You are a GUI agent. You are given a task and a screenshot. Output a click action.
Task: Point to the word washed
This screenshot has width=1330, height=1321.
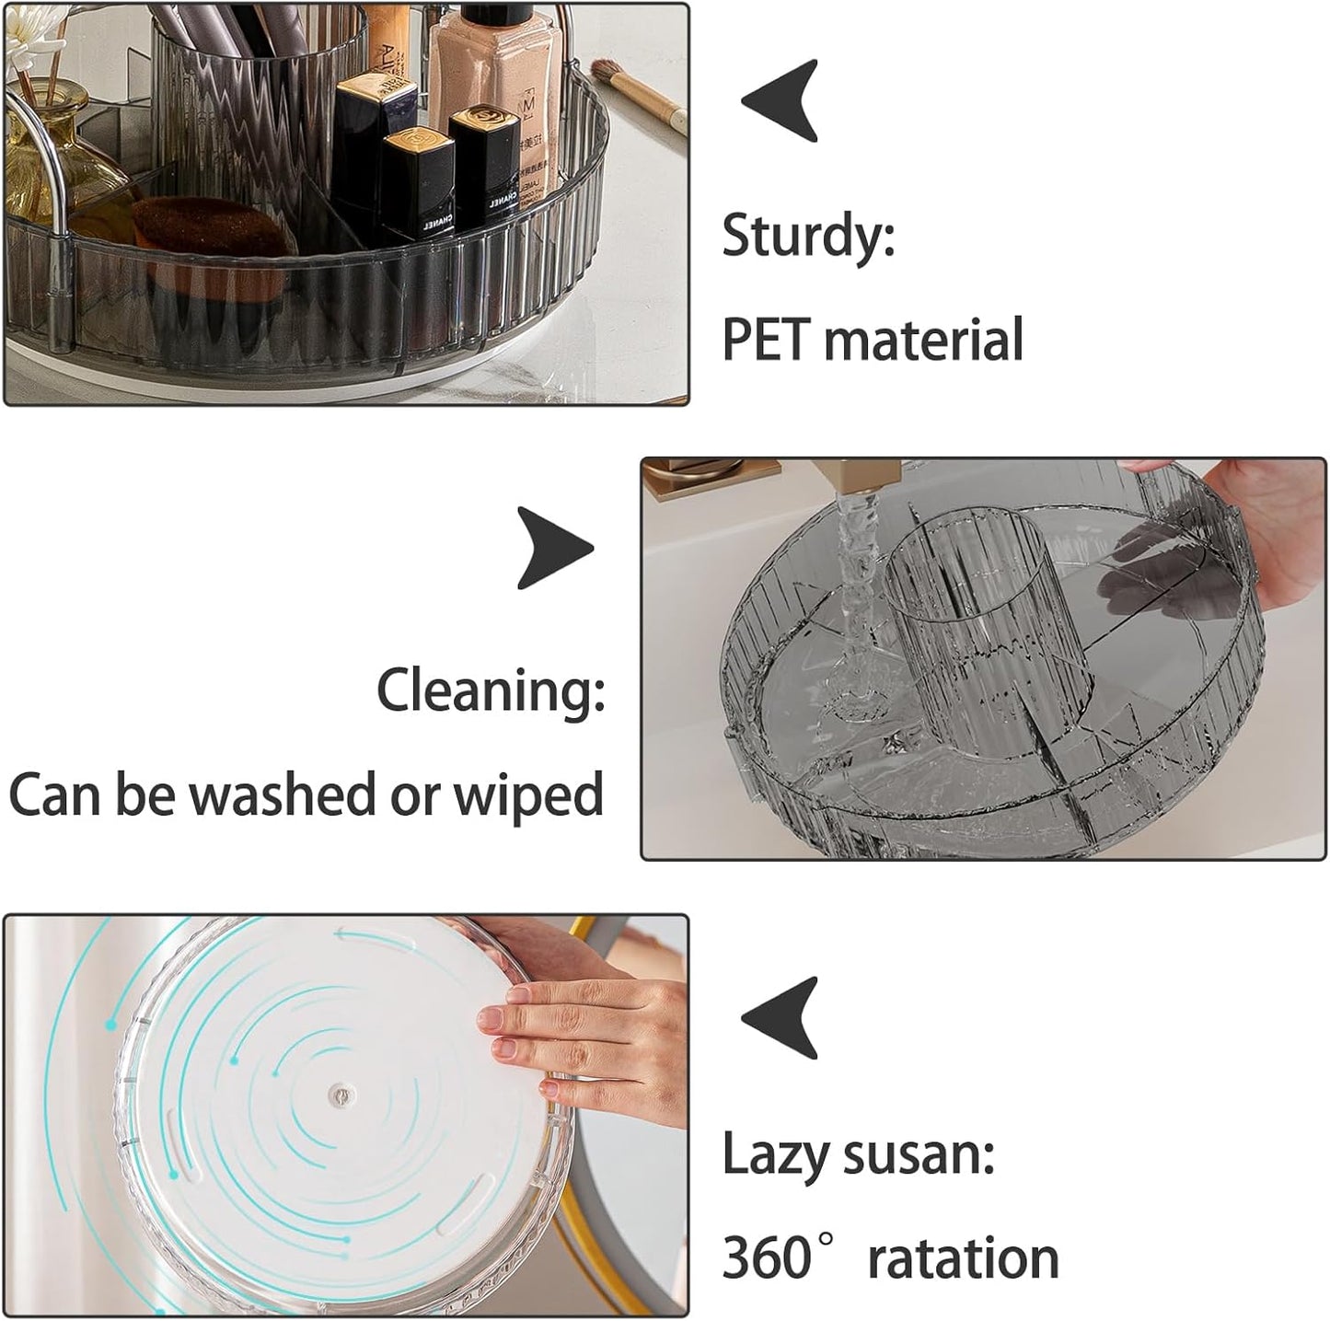tap(283, 794)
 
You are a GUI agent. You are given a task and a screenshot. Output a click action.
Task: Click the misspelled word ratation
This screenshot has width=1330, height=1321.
tap(964, 1259)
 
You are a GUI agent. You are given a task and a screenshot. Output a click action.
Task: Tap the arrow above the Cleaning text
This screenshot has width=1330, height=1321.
tap(555, 549)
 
